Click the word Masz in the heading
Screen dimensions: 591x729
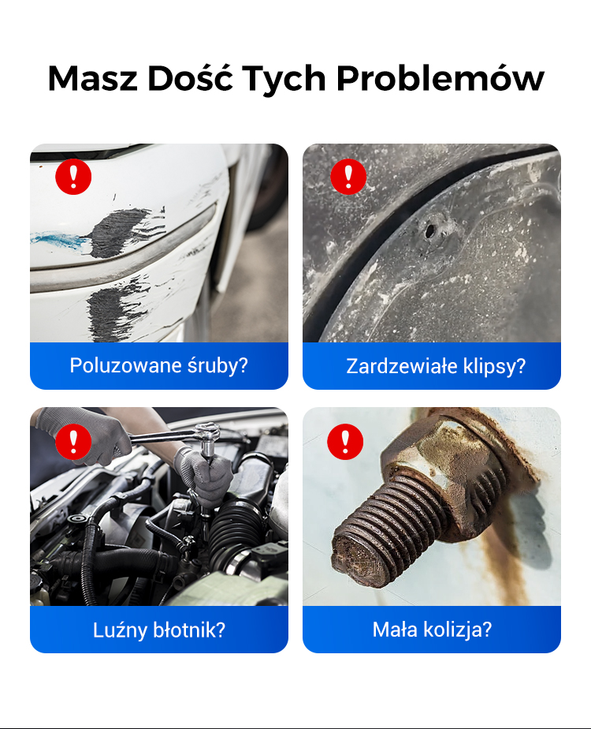(x=93, y=77)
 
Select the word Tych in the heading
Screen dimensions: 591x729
(x=284, y=79)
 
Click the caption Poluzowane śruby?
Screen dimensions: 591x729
(x=158, y=366)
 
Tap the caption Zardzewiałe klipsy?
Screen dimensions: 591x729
(x=436, y=366)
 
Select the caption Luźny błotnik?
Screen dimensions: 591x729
(x=158, y=630)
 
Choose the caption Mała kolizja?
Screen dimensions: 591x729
(x=432, y=630)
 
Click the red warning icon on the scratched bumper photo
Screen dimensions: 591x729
(x=73, y=177)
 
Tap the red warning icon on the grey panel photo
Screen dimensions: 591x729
(x=348, y=177)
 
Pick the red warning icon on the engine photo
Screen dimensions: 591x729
(x=73, y=442)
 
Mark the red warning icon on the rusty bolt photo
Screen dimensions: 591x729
(x=345, y=442)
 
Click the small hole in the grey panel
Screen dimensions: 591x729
(x=430, y=230)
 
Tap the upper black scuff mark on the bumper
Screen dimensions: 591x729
(x=121, y=231)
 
